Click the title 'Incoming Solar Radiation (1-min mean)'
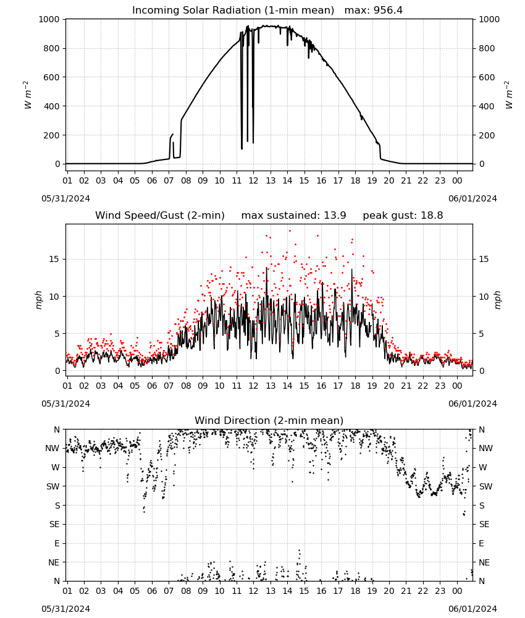point(233,11)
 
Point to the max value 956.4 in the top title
point(388,11)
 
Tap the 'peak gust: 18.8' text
point(403,216)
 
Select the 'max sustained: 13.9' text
point(294,216)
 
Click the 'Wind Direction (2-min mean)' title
point(269,420)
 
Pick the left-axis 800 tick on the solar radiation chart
point(52,48)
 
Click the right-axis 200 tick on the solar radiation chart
point(487,135)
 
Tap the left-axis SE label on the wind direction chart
point(54,524)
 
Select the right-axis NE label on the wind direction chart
point(484,562)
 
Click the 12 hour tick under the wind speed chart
point(253,386)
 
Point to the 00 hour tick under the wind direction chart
point(457,591)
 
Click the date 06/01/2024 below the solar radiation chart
point(472,198)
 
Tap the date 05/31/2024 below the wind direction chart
point(65,609)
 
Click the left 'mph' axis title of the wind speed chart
point(38,300)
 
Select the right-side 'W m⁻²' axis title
point(509,95)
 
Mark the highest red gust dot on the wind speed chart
point(290,231)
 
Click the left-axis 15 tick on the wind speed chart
point(54,259)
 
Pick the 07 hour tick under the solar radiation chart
point(169,180)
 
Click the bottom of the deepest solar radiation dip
point(242,148)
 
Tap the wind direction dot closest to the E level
point(300,550)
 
